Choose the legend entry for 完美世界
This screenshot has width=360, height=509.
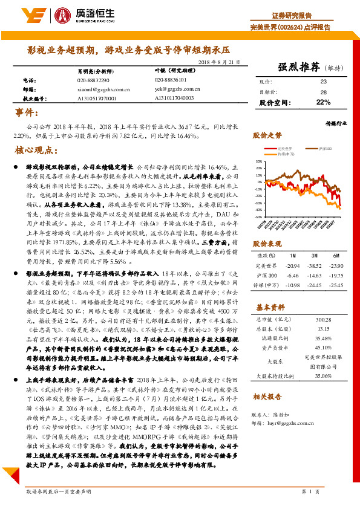click(x=284, y=148)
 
